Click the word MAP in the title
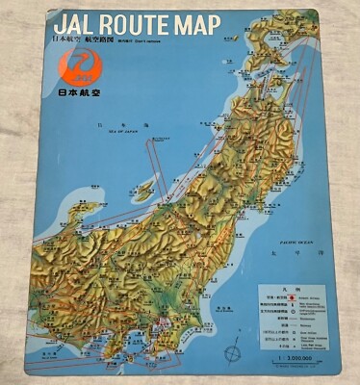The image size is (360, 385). coord(253,24)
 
